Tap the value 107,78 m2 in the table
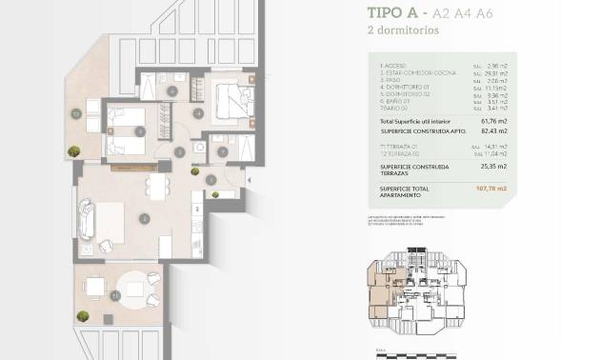click(x=491, y=189)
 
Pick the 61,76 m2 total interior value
click(x=492, y=123)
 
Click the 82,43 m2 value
click(x=492, y=131)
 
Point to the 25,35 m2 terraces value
click(x=492, y=165)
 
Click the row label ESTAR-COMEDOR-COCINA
click(x=411, y=73)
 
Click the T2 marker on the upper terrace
click(x=74, y=113)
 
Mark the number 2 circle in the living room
click(x=143, y=216)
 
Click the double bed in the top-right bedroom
click(x=230, y=97)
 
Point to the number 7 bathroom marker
click(x=222, y=151)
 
